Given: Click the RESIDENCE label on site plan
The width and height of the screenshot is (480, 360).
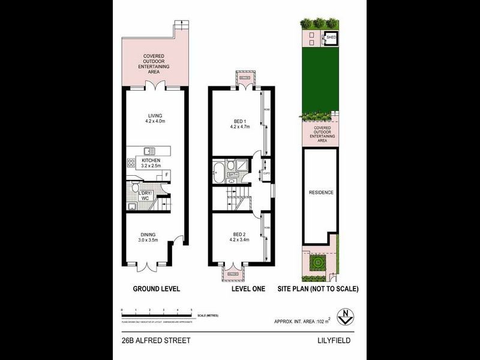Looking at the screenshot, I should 320,193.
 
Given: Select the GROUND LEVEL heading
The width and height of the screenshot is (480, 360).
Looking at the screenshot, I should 156,289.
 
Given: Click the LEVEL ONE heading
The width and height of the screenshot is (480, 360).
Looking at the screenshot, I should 248,289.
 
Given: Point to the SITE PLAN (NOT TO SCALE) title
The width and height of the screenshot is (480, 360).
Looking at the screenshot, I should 318,289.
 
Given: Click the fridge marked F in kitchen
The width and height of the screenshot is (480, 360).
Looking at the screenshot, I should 166,175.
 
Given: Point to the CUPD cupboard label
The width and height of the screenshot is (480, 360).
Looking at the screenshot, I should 266,174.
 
